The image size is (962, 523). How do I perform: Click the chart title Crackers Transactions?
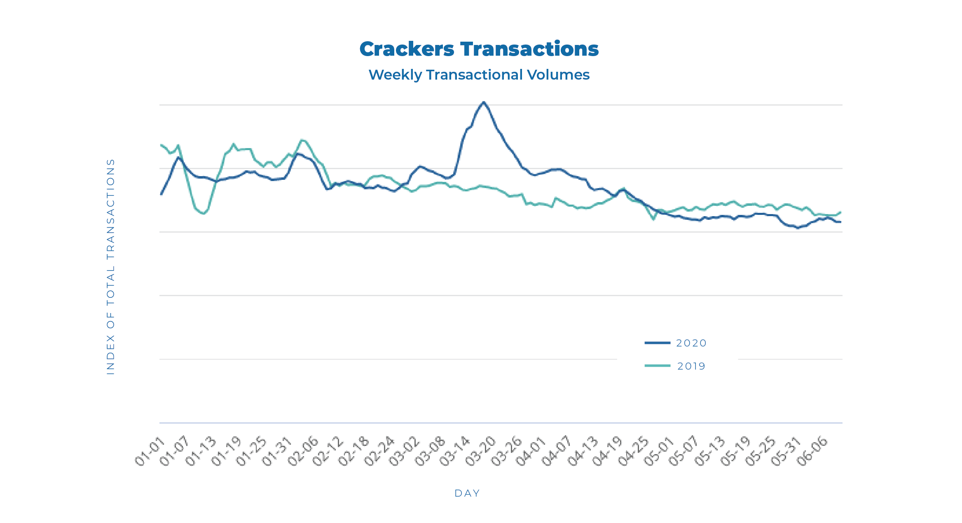pos(479,49)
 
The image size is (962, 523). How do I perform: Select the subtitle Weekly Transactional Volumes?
pos(479,75)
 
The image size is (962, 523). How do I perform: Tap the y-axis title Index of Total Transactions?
pos(110,266)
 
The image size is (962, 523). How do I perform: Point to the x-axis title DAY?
pos(467,493)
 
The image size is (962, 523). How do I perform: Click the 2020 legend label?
pos(691,343)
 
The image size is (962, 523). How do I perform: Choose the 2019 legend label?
pos(691,366)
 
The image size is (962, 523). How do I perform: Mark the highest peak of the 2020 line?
pos(484,102)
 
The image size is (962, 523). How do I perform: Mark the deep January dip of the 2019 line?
pos(203,213)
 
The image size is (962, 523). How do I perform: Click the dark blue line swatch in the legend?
pos(658,343)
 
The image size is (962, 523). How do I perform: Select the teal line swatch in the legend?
pos(658,366)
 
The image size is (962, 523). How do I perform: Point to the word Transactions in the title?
pos(529,49)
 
